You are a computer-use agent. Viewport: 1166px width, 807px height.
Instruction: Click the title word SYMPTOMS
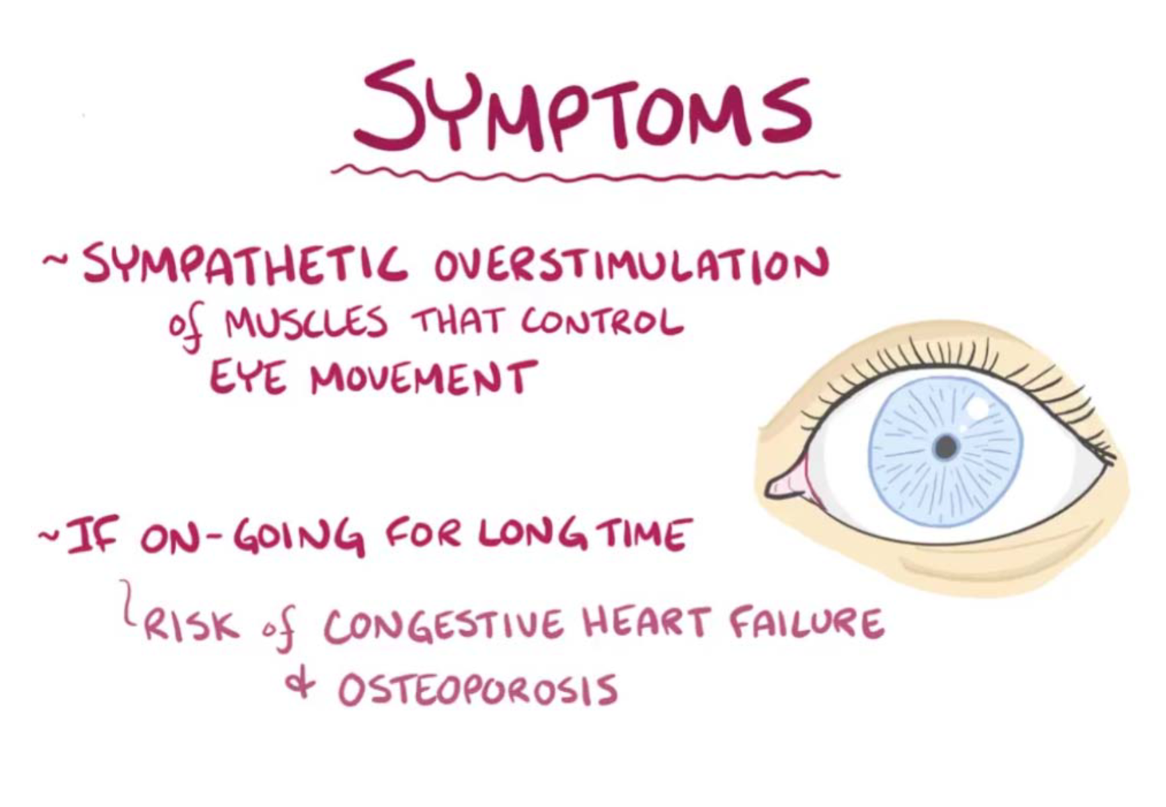pos(584,108)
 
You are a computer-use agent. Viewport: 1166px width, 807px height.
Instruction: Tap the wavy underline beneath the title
pos(585,174)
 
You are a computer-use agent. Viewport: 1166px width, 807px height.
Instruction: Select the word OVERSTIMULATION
pos(631,265)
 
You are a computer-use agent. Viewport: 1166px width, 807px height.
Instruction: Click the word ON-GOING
pos(253,539)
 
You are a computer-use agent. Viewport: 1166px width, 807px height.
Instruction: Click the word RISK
pos(192,624)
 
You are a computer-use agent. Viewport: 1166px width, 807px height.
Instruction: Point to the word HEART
pos(647,621)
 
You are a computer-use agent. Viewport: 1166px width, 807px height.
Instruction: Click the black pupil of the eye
pos(946,447)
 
